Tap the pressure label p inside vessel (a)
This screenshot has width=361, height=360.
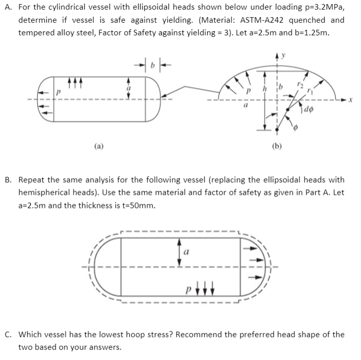click(59, 93)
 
